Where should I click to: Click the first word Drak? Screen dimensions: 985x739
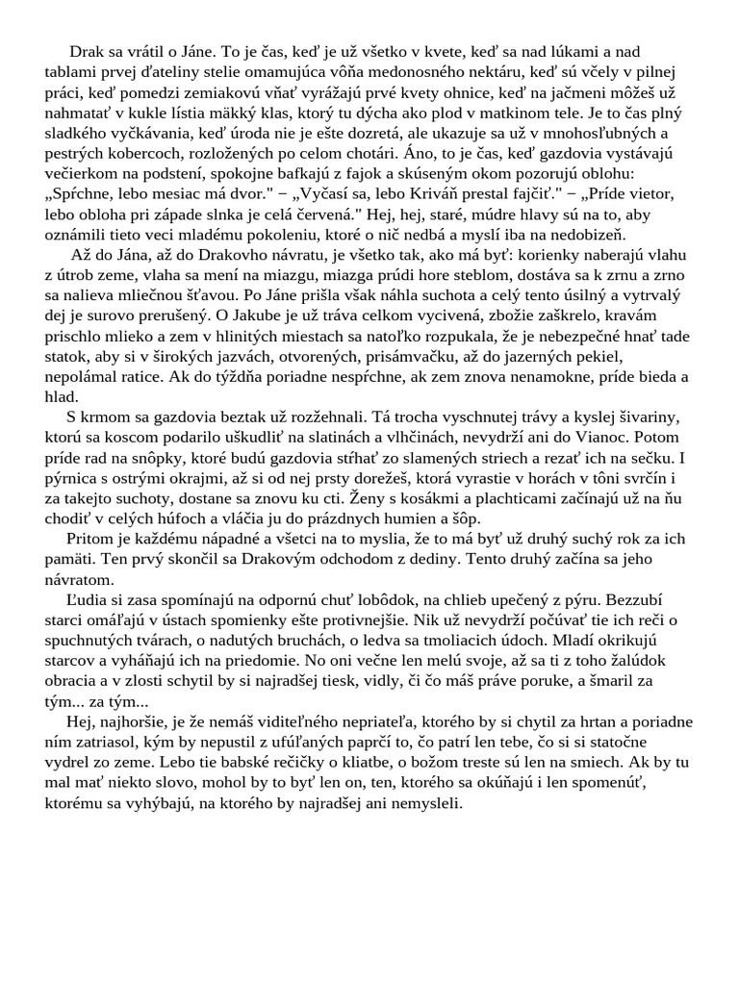(x=87, y=51)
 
